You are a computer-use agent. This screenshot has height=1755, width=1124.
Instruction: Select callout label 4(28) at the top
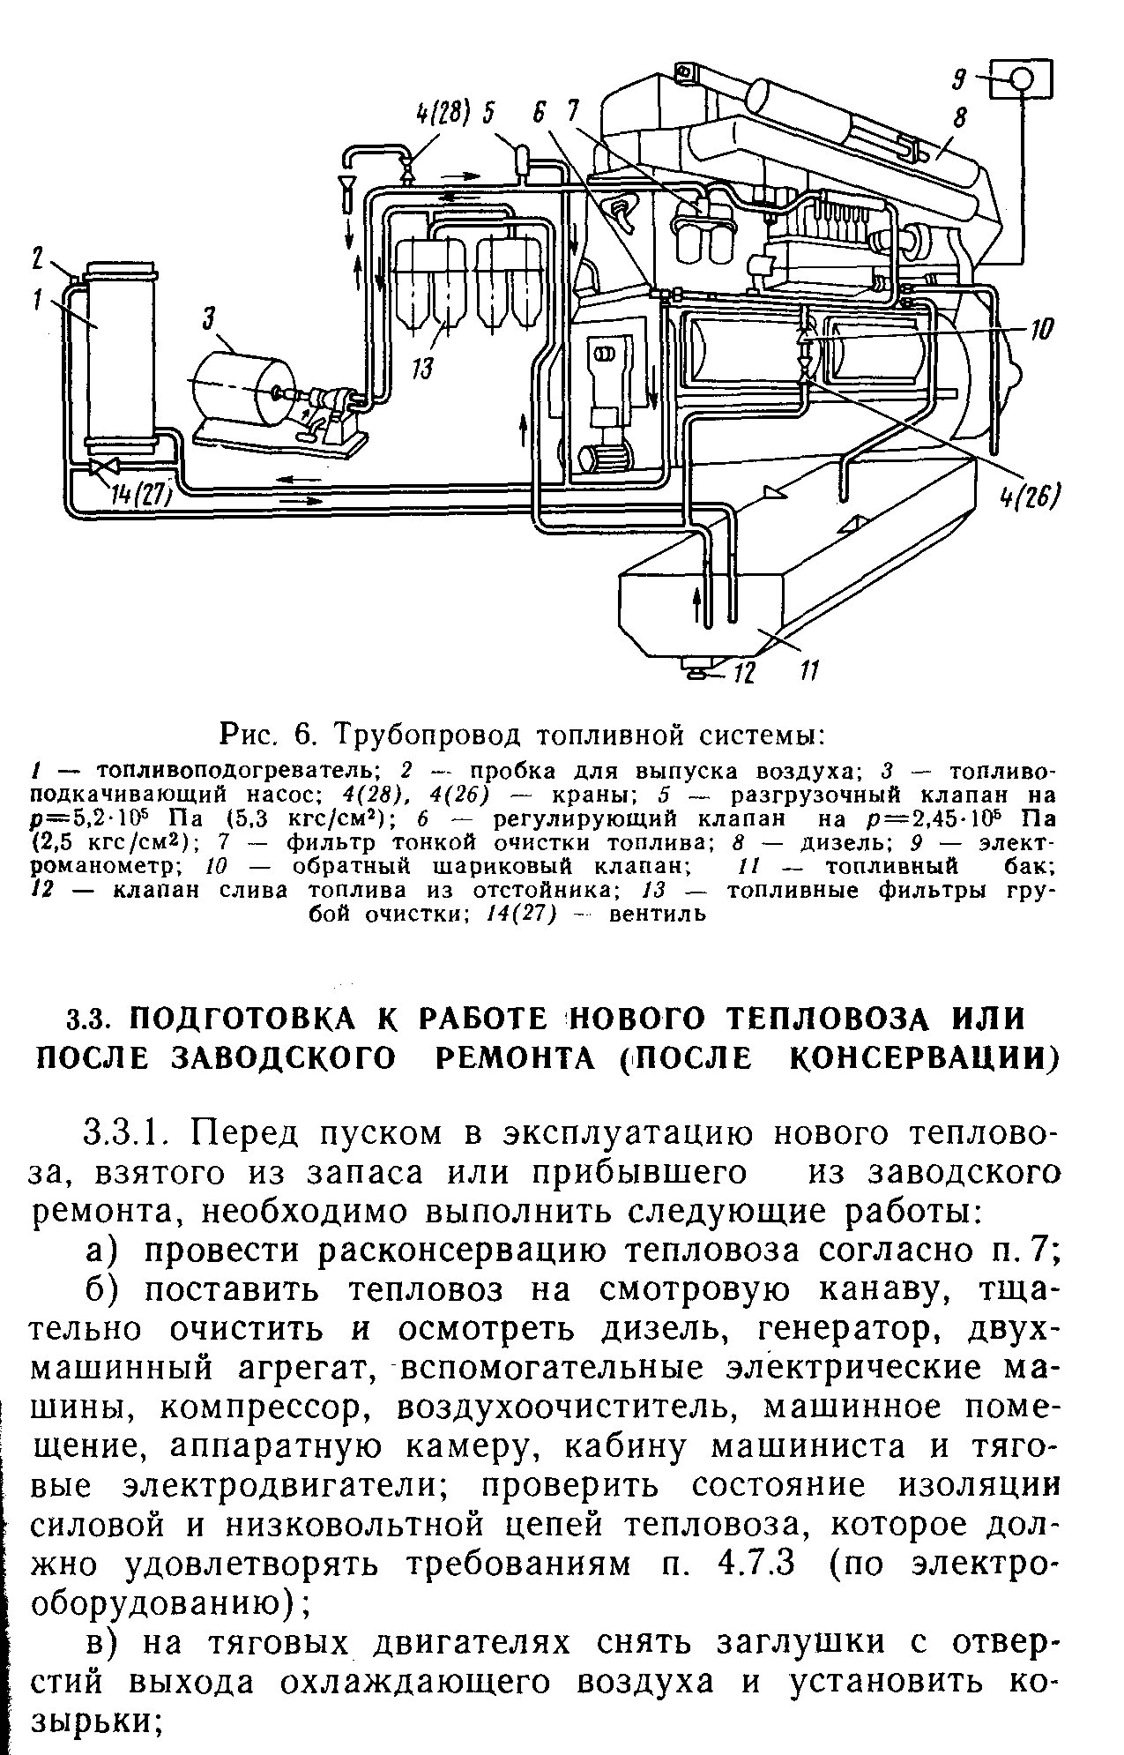click(443, 112)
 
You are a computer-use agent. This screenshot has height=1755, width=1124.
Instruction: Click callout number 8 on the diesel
click(960, 117)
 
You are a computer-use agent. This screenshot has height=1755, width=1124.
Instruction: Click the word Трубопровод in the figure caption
click(420, 733)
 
